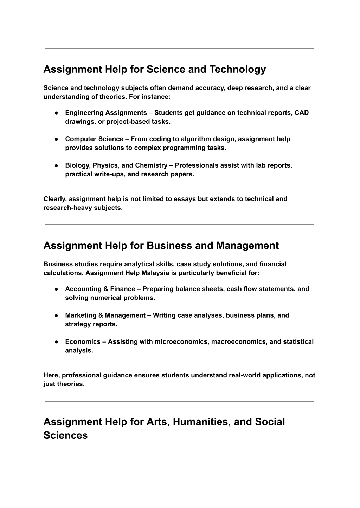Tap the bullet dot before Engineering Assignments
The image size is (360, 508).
56,113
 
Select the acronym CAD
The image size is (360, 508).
302,113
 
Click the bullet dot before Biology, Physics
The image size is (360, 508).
56,165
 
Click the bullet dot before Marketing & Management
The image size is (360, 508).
56,315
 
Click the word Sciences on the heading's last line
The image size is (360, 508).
65,436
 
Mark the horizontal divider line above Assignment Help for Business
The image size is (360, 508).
179,225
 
